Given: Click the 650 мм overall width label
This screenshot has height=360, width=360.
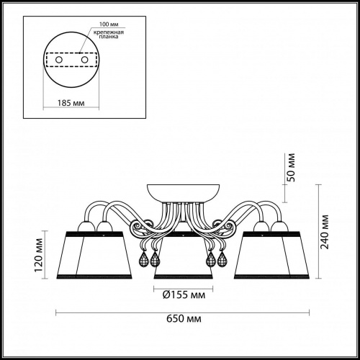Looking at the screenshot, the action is [x=184, y=319].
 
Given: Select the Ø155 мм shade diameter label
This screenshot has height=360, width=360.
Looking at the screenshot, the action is [x=184, y=295].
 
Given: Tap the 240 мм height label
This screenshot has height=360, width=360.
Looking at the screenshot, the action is [x=325, y=232].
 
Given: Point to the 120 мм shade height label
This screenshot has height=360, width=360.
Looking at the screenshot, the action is [x=39, y=255].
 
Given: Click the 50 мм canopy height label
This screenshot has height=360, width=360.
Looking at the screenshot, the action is [x=291, y=167].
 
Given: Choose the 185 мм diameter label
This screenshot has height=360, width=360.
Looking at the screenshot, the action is [x=71, y=103].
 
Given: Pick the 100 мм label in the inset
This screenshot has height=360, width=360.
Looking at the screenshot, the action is [x=109, y=24].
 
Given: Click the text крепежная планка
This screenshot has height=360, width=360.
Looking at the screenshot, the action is [x=109, y=35].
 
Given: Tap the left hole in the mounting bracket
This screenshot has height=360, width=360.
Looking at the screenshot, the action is [x=59, y=60].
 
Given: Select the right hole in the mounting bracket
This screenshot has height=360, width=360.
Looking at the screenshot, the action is [x=84, y=60].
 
